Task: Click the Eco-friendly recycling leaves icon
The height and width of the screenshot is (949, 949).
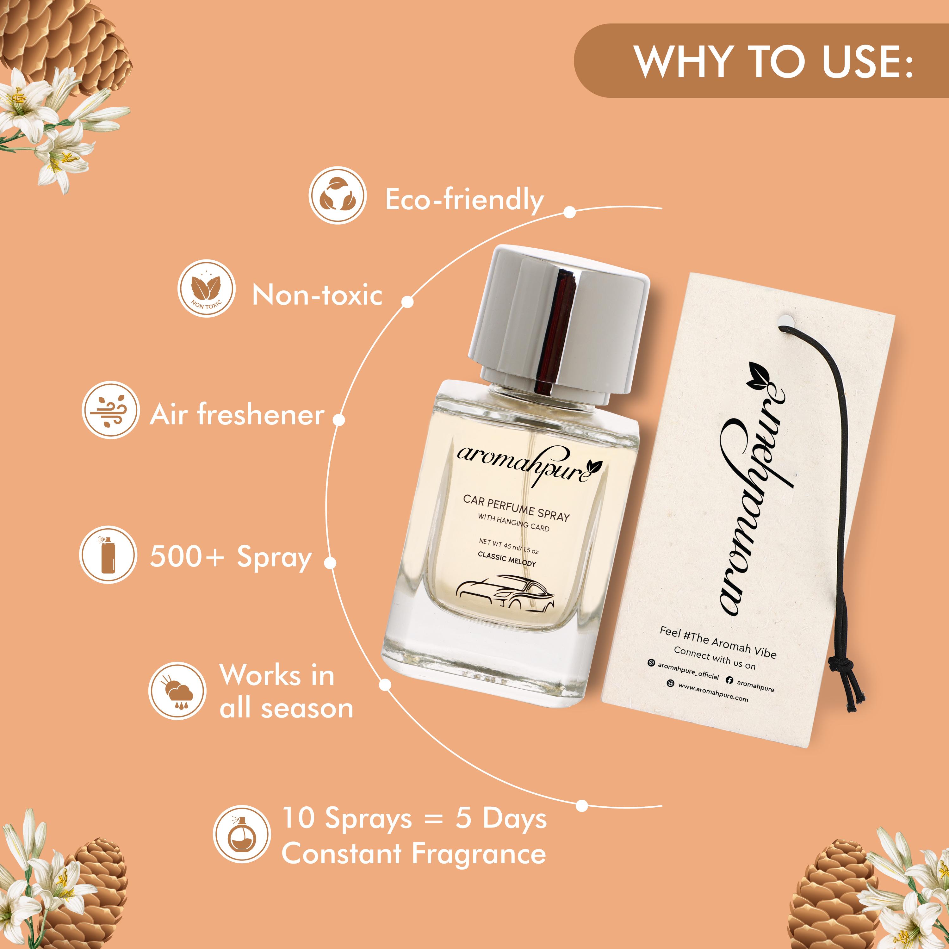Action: pos(338,195)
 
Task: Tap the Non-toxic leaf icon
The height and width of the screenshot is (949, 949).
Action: pos(206,288)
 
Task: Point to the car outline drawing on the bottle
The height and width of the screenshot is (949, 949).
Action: pos(506,594)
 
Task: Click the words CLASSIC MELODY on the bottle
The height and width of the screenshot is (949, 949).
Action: pos(506,559)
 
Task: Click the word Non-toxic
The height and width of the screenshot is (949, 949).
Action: pos(317,295)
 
